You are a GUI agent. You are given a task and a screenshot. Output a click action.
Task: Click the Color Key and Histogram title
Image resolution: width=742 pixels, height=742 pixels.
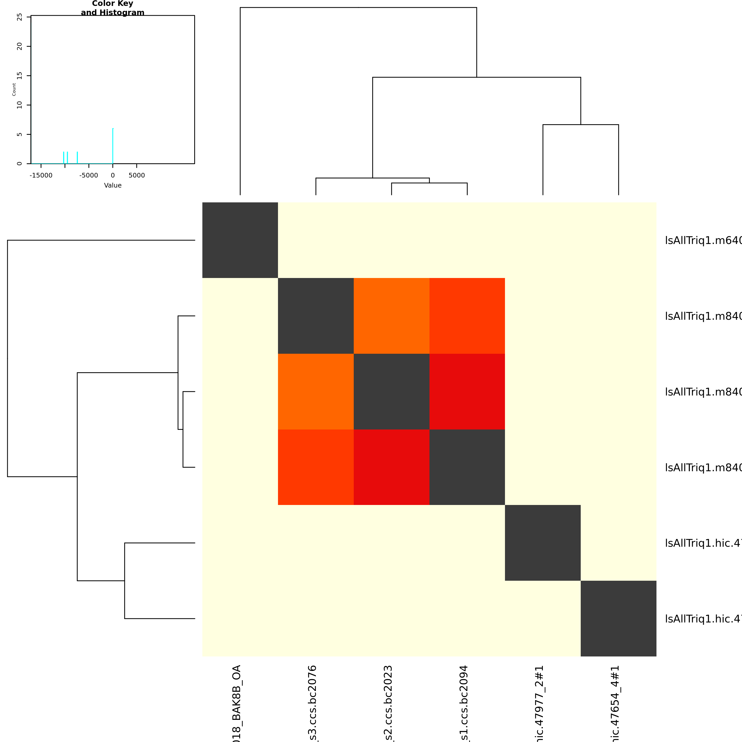pyautogui.click(x=113, y=8)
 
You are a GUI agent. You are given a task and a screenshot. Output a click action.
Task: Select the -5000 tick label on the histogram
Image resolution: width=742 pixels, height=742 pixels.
pyautogui.click(x=89, y=175)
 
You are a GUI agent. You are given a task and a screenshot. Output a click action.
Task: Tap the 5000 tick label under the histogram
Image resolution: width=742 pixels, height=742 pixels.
pyautogui.click(x=137, y=175)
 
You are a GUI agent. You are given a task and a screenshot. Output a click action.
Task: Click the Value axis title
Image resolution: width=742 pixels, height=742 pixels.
pyautogui.click(x=113, y=185)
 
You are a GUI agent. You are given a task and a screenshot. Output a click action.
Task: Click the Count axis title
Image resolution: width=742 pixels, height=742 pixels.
pyautogui.click(x=14, y=89)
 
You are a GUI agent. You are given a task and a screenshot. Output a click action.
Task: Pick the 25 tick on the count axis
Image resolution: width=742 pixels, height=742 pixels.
pyautogui.click(x=20, y=17)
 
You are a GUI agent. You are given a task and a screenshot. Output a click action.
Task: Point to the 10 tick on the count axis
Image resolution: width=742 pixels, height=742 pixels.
pyautogui.click(x=20, y=105)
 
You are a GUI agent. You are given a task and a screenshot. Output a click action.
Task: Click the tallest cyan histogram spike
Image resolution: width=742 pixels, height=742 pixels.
pyautogui.click(x=113, y=146)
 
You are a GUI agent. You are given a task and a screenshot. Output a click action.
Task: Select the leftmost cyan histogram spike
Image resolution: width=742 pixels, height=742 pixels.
pyautogui.click(x=64, y=157)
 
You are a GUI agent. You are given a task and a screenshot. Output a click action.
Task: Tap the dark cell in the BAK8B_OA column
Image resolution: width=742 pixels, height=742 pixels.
pyautogui.click(x=240, y=240)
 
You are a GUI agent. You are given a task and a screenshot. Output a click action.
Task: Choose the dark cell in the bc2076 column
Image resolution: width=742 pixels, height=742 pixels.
pyautogui.click(x=316, y=316)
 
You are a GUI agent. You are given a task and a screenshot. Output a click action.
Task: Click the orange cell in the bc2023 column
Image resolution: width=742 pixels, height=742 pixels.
pyautogui.click(x=391, y=316)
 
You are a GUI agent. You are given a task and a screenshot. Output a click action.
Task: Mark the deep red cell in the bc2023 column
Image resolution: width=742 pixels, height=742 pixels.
pyautogui.click(x=391, y=467)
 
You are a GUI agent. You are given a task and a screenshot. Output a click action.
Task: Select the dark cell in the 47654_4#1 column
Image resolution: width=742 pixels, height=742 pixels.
pyautogui.click(x=618, y=618)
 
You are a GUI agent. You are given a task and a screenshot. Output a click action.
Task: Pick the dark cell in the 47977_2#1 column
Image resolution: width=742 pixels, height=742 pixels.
pyautogui.click(x=543, y=543)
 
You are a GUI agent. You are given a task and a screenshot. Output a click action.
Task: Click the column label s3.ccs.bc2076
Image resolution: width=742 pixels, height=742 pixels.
pyautogui.click(x=313, y=703)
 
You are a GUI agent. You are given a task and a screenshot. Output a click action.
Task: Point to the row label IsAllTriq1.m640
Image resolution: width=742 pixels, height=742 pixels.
pyautogui.click(x=703, y=240)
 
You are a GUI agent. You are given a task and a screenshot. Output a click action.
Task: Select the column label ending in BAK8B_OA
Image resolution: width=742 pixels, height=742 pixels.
pyautogui.click(x=237, y=703)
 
